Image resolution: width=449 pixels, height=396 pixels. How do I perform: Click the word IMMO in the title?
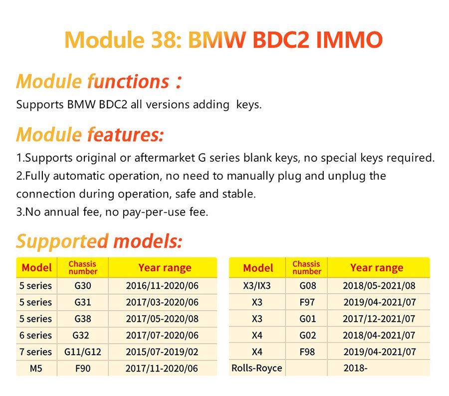coord(349,40)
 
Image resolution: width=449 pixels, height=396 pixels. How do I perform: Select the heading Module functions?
coord(93,81)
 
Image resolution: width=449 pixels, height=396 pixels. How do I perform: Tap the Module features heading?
coord(90,134)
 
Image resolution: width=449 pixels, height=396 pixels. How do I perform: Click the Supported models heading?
coord(99,241)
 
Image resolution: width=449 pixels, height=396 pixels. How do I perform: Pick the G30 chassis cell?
coord(83,286)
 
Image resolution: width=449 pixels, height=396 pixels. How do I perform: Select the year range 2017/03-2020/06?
coord(162,302)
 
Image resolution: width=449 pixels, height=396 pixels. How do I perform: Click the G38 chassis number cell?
coord(83,319)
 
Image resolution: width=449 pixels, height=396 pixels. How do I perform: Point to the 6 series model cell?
coord(35,335)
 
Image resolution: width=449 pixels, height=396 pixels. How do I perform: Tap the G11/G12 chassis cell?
coord(83,352)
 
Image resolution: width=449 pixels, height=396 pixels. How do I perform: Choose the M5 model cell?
coord(35,369)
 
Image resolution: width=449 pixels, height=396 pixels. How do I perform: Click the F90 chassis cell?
coord(83,369)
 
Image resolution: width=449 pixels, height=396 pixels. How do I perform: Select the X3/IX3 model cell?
coord(257,286)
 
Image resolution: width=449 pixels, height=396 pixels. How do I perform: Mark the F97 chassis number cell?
coord(307,302)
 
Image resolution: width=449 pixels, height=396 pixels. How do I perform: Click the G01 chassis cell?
coord(307,319)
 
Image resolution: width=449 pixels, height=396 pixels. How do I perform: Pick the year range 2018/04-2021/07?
coord(379,335)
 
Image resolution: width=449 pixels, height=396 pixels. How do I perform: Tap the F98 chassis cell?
coord(307,352)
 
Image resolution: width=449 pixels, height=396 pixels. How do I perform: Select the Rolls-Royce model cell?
coord(257,369)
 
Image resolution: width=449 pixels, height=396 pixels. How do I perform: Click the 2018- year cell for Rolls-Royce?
coord(354,369)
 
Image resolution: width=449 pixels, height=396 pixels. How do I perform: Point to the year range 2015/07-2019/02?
coord(162,352)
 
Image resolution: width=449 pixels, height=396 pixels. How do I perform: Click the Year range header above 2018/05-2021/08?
coord(377,268)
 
